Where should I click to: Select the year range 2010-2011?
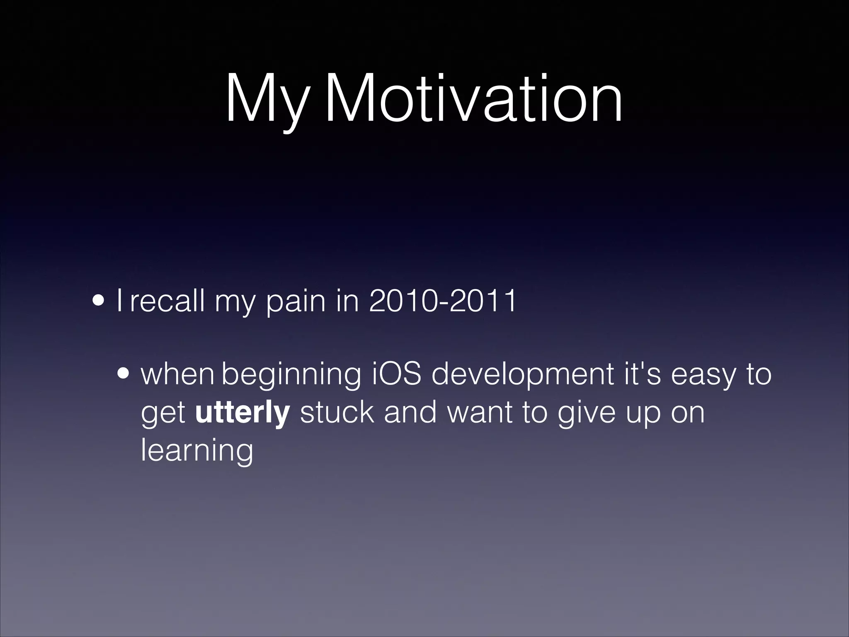(442, 300)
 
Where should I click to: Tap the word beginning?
(291, 375)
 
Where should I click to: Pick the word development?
(522, 375)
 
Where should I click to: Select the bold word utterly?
(242, 413)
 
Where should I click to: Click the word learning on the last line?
(197, 451)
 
